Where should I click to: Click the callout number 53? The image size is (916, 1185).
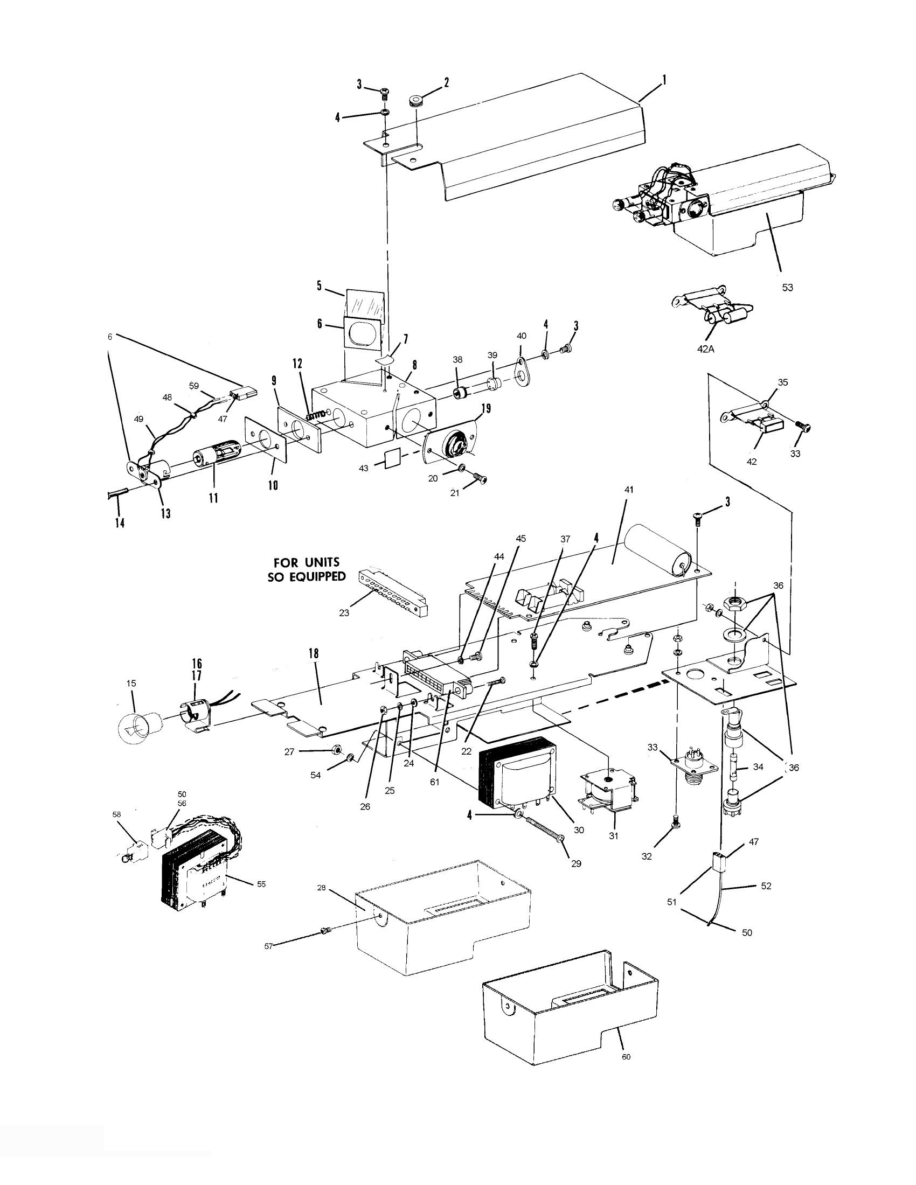(x=787, y=288)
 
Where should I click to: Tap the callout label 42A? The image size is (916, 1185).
(x=705, y=350)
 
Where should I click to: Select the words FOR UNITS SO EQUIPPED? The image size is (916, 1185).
(x=307, y=569)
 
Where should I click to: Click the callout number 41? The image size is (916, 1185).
(x=628, y=490)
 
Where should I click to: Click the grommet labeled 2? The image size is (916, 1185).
(x=416, y=101)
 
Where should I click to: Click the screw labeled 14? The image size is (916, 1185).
(x=118, y=493)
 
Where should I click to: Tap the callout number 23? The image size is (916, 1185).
(x=344, y=613)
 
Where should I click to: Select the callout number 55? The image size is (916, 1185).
(x=261, y=884)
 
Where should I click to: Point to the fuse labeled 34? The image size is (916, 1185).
(x=736, y=766)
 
